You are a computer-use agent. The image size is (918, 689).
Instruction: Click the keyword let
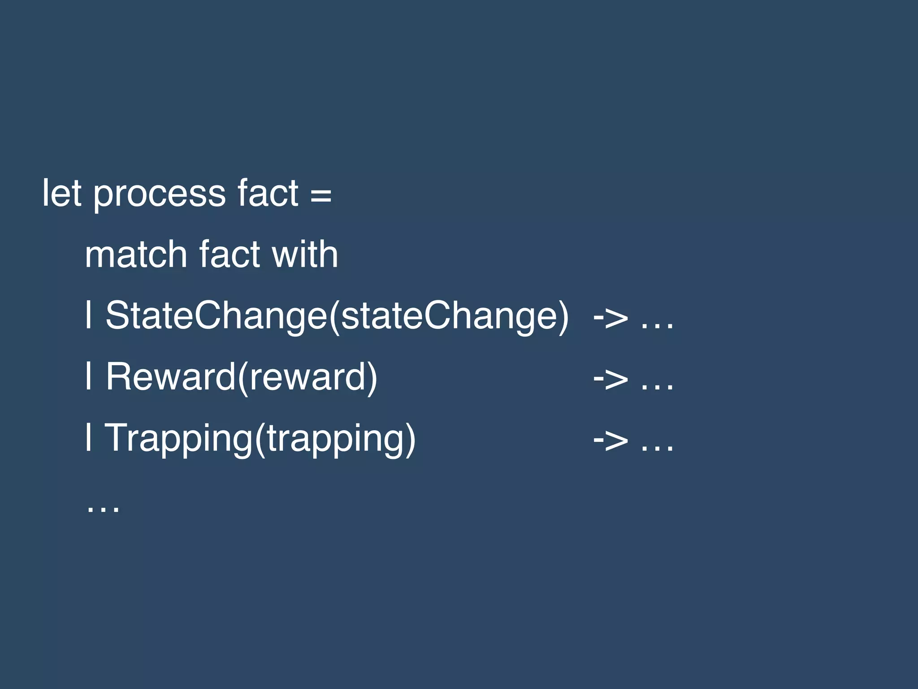[62, 193]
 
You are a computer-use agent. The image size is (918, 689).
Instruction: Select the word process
[159, 195]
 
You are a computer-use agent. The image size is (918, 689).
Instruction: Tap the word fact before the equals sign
[268, 193]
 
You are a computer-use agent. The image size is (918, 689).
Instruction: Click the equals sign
[321, 195]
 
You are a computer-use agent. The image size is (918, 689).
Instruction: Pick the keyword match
[135, 254]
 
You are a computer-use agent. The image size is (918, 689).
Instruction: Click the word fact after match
[229, 254]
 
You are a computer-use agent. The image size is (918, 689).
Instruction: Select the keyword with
[305, 254]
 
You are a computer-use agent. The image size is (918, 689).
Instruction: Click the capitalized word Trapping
[178, 438]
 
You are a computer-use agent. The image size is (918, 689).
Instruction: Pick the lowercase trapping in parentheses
[336, 439]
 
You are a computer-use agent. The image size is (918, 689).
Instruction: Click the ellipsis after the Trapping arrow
[657, 447]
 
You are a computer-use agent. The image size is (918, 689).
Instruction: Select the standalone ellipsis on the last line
[103, 509]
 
